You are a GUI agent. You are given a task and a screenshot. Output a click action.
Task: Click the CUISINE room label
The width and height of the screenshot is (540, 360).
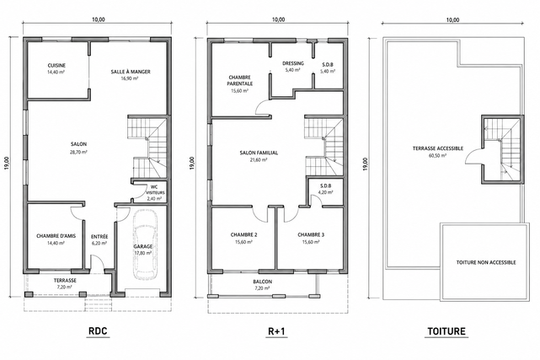tap(56, 66)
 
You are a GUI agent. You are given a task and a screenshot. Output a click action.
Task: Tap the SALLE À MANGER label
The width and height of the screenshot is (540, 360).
tap(131, 72)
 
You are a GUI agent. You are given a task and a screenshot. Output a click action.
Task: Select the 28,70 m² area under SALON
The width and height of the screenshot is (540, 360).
tap(78, 152)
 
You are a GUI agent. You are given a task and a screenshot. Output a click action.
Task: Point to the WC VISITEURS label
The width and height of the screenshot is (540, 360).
tap(156, 190)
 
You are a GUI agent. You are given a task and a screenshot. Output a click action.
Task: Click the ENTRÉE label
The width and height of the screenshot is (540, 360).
tap(99, 237)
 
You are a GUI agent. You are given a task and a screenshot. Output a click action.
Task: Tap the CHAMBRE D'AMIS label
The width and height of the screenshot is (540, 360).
tap(56, 236)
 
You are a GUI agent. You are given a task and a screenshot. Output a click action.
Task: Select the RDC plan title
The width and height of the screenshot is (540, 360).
tap(99, 331)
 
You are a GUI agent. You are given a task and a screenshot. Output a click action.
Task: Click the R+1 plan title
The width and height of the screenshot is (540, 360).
tap(276, 331)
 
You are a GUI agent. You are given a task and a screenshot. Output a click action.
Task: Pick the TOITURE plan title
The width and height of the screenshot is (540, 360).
tap(446, 331)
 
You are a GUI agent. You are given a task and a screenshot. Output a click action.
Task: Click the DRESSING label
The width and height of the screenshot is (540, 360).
tap(293, 63)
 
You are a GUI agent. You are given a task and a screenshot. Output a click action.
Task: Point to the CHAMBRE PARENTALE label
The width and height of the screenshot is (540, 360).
tap(240, 80)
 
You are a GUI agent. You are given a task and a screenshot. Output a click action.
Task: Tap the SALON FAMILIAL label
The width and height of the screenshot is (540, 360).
tap(259, 153)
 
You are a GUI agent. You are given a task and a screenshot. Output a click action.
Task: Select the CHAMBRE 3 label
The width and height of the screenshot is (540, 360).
tap(311, 235)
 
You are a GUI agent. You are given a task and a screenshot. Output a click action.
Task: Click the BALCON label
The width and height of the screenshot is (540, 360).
tap(263, 282)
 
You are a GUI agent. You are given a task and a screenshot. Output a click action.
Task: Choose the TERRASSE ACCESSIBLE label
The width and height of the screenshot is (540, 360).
tap(438, 148)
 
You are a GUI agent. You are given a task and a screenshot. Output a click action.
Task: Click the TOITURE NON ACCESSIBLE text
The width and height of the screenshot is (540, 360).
tap(486, 262)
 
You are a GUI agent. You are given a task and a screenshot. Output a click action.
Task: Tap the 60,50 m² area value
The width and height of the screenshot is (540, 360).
tap(438, 155)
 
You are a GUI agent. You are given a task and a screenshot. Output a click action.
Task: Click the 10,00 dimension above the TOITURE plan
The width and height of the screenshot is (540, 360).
tap(452, 20)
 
